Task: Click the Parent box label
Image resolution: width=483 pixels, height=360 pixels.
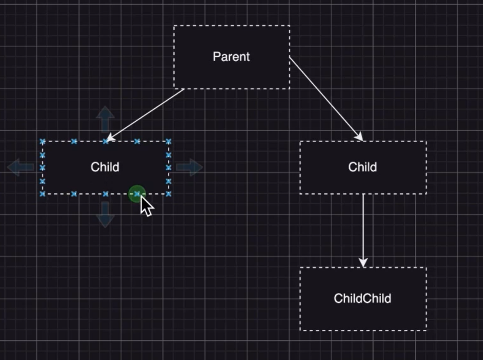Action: pyautogui.click(x=231, y=57)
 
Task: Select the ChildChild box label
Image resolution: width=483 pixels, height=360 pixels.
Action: pyautogui.click(x=362, y=298)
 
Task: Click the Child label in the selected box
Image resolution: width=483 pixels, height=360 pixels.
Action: pyautogui.click(x=105, y=167)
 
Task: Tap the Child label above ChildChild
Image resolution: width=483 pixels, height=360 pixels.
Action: pyautogui.click(x=362, y=167)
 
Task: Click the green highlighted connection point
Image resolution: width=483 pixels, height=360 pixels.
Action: pyautogui.click(x=137, y=194)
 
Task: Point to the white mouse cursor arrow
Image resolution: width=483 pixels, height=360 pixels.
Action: pyautogui.click(x=146, y=206)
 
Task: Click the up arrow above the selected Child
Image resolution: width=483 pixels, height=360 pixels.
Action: pyautogui.click(x=105, y=119)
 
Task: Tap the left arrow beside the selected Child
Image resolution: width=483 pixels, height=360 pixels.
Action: pyautogui.click(x=21, y=167)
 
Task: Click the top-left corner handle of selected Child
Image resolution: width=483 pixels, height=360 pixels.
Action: pyautogui.click(x=42, y=142)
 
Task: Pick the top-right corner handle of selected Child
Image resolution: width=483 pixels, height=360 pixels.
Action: pyautogui.click(x=168, y=142)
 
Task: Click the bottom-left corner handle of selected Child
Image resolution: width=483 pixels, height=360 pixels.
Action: pyautogui.click(x=42, y=194)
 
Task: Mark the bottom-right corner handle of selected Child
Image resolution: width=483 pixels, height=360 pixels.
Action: pyautogui.click(x=168, y=194)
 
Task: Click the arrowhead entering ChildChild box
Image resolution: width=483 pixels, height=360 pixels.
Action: pyautogui.click(x=363, y=263)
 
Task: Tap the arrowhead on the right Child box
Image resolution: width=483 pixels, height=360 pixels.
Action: pyautogui.click(x=359, y=137)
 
